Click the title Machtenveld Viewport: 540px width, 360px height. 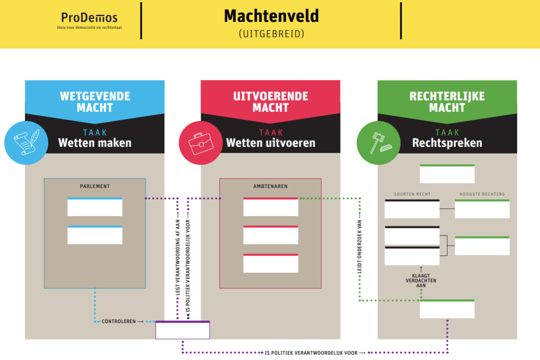pos(271,16)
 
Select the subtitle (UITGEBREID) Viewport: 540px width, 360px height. pos(271,34)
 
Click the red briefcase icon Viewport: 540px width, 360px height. pos(201,143)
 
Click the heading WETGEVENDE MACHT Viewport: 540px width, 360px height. pos(95,102)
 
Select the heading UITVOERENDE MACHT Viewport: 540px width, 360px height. pos(270,102)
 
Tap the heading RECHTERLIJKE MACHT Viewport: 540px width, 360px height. pos(447,102)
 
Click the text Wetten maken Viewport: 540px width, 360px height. pos(95,143)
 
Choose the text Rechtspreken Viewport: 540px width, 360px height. pos(447,143)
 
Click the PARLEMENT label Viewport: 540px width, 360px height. pos(95,186)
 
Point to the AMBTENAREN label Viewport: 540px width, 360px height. pos(270,186)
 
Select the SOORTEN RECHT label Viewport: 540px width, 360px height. pos(412,194)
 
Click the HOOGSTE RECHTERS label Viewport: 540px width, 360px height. pos(482,194)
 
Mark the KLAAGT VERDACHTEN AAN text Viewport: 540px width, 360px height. pos(421,280)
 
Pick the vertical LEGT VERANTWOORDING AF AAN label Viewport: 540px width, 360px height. pos(178,252)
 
